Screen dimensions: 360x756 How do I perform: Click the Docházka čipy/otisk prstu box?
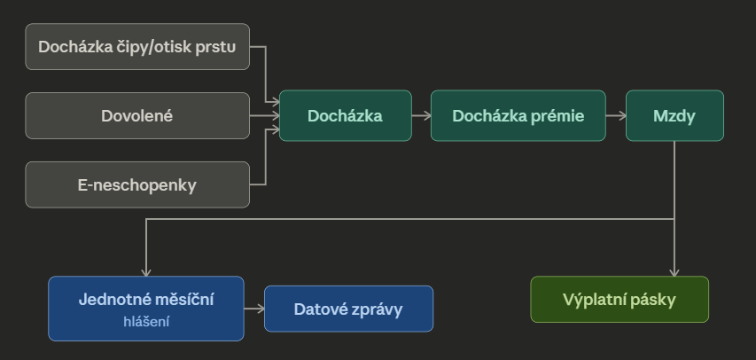click(x=137, y=46)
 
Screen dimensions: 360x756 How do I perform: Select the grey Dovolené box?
click(x=137, y=115)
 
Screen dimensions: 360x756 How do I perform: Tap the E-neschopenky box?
click(x=137, y=184)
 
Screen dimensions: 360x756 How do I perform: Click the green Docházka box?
click(x=346, y=115)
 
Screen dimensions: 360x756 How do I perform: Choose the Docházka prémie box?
click(x=518, y=115)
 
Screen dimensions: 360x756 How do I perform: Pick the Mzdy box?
click(x=674, y=115)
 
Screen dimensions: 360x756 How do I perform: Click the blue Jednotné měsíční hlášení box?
click(x=146, y=309)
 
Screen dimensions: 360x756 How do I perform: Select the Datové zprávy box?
click(x=348, y=309)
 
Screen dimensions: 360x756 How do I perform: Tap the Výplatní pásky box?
click(x=620, y=300)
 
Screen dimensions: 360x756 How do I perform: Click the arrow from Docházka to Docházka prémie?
click(x=421, y=115)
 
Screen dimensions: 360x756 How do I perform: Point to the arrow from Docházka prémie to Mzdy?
click(x=616, y=115)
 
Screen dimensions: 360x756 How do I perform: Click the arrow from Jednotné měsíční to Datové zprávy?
click(x=253, y=309)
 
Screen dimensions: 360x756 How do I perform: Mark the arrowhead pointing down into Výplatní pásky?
click(x=674, y=272)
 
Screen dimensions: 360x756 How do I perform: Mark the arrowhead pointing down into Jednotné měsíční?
click(x=146, y=272)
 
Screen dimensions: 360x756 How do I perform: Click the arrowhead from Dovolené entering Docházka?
click(x=275, y=115)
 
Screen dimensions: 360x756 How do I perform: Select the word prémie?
click(x=559, y=115)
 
